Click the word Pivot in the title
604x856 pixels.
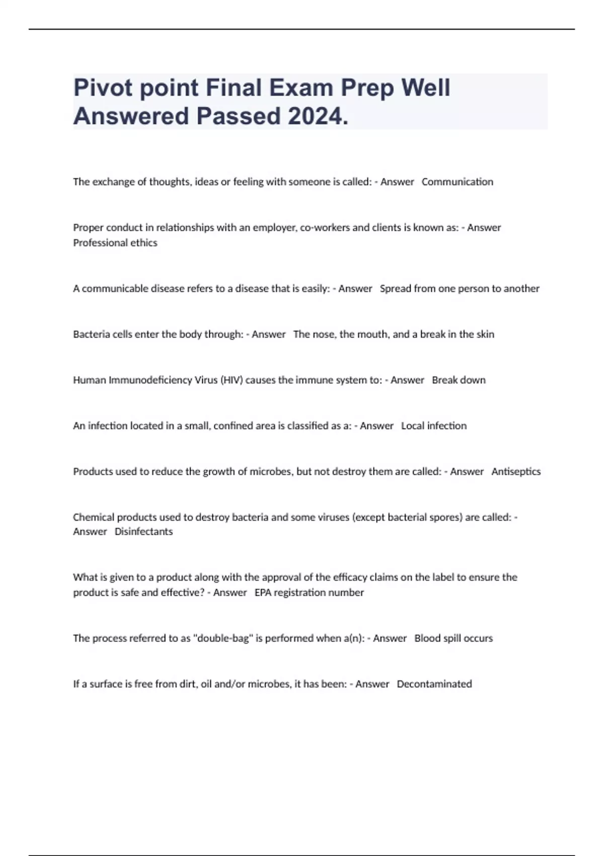(x=102, y=88)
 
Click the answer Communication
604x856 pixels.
(x=457, y=182)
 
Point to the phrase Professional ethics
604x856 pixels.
(x=115, y=243)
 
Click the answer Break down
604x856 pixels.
(x=459, y=380)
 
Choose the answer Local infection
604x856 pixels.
(x=433, y=426)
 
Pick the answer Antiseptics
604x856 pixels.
(x=516, y=472)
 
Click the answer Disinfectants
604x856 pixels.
(x=143, y=532)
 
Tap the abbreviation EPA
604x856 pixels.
(x=264, y=593)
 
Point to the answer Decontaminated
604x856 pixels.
(x=434, y=684)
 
